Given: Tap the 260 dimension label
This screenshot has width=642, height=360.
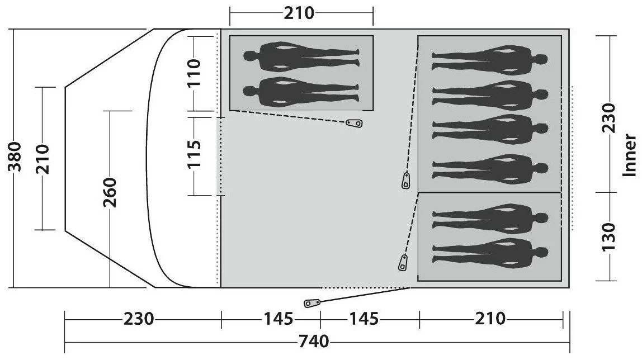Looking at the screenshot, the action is pyautogui.click(x=110, y=192).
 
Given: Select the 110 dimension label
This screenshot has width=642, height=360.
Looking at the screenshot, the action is pyautogui.click(x=193, y=72).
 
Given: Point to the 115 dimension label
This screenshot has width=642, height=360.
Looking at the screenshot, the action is pyautogui.click(x=193, y=154).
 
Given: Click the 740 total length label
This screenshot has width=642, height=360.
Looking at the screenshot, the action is pyautogui.click(x=314, y=341).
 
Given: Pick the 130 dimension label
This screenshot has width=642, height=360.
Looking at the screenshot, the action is pyautogui.click(x=609, y=237).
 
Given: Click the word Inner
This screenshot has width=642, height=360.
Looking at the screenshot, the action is pyautogui.click(x=630, y=155).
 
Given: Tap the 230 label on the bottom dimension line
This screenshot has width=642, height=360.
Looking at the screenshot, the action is pyautogui.click(x=139, y=318).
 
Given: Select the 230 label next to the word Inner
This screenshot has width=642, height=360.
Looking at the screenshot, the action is pyautogui.click(x=609, y=117).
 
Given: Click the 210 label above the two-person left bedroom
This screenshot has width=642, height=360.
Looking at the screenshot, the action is pyautogui.click(x=299, y=13).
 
